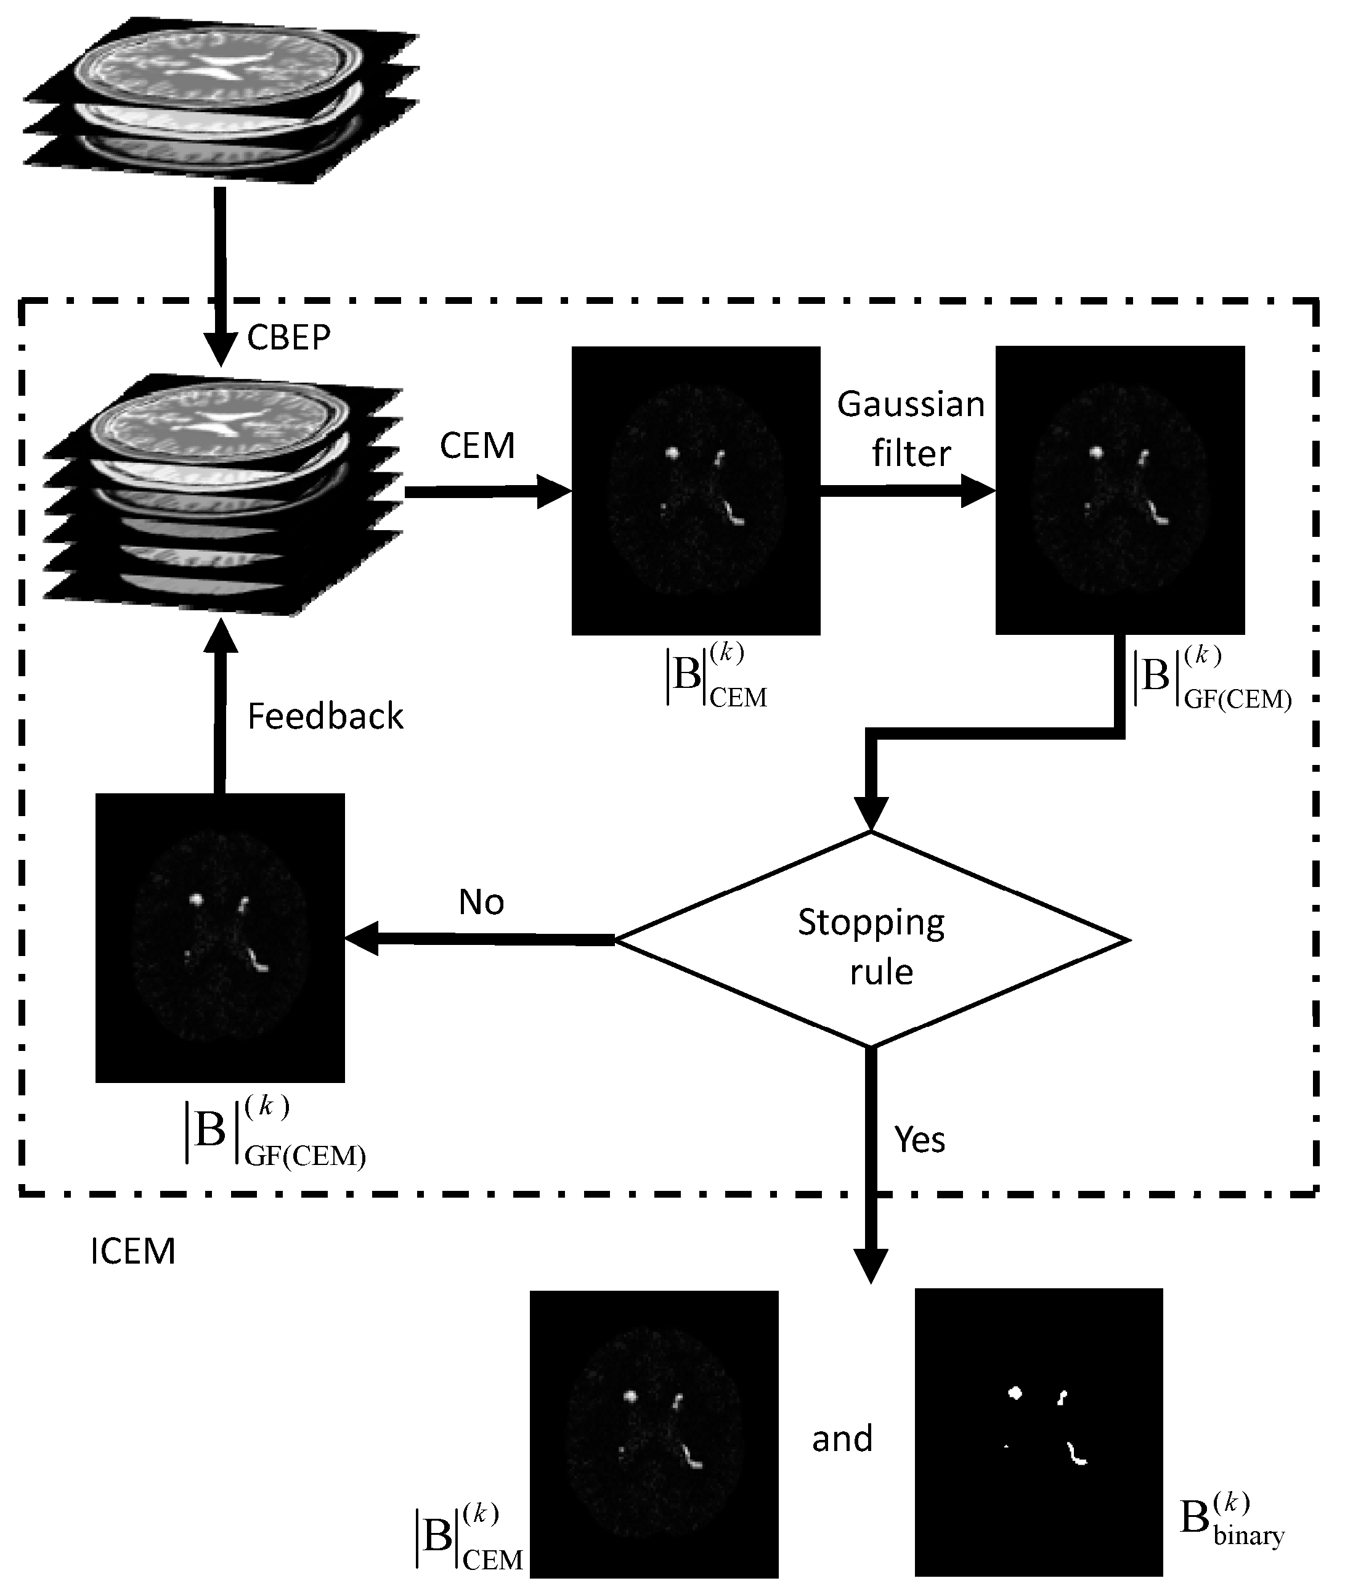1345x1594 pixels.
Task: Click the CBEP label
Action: [x=288, y=338]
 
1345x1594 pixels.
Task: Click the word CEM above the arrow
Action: [x=477, y=446]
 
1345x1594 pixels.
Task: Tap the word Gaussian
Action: [x=911, y=405]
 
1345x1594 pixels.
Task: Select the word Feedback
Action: [x=325, y=717]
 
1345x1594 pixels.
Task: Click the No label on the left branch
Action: [x=481, y=902]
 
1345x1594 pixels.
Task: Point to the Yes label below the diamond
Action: [x=919, y=1140]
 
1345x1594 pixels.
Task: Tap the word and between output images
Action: [x=842, y=1439]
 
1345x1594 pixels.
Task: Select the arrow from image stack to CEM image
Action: [x=488, y=492]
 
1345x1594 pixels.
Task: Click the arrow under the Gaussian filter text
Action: [x=908, y=491]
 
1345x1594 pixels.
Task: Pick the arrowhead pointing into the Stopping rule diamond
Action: [x=871, y=812]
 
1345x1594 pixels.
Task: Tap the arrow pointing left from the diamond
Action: [x=481, y=939]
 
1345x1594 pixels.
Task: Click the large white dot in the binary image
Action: [x=1015, y=1392]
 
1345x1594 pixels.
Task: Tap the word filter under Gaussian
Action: [x=911, y=454]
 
